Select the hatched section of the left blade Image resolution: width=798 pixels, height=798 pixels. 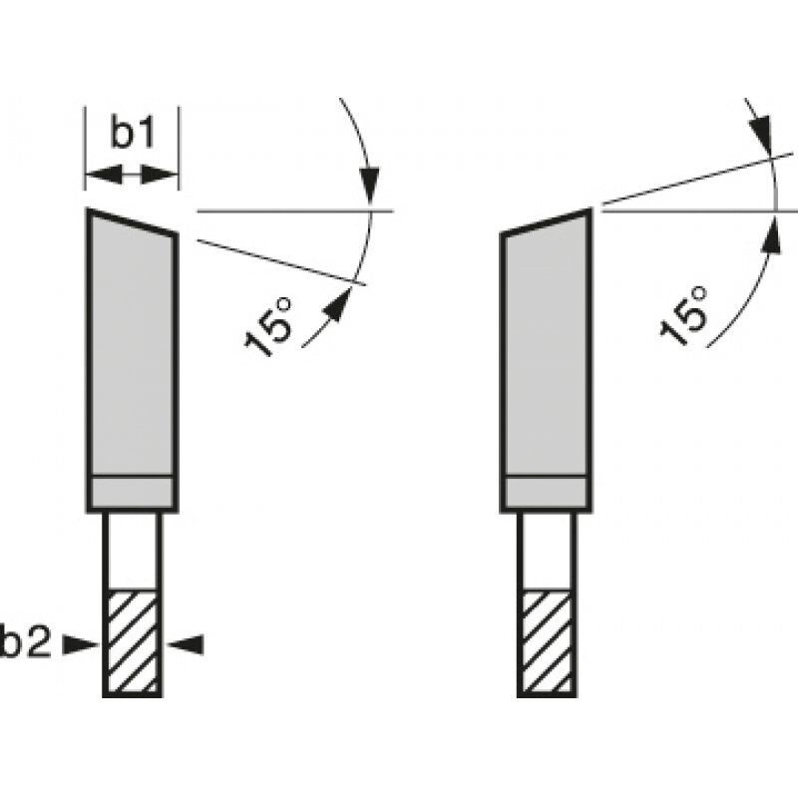click(x=131, y=643)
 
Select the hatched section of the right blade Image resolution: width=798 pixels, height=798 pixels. click(x=545, y=643)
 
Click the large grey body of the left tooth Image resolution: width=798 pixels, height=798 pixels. click(x=132, y=349)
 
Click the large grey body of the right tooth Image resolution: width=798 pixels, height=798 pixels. click(x=547, y=349)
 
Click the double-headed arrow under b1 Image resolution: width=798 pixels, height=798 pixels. click(x=131, y=176)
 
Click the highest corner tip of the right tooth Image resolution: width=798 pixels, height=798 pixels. click(x=591, y=210)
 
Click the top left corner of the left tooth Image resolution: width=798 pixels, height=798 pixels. click(x=88, y=211)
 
